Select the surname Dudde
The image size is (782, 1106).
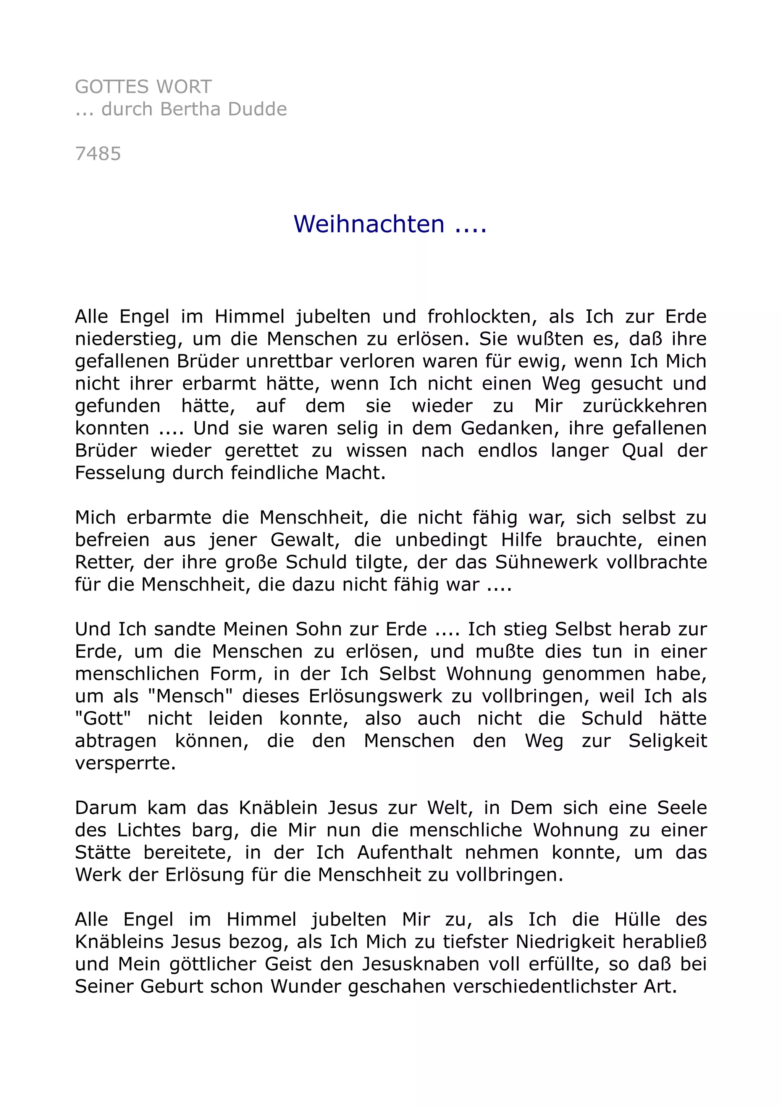pyautogui.click(x=257, y=110)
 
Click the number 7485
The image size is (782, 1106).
pyautogui.click(x=98, y=154)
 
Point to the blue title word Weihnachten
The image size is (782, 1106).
pyautogui.click(x=369, y=224)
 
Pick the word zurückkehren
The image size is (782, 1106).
pyautogui.click(x=645, y=406)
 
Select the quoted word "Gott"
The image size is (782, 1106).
pyautogui.click(x=103, y=718)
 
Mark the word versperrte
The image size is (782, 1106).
pyautogui.click(x=125, y=763)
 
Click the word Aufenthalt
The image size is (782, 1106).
pyautogui.click(x=405, y=852)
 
